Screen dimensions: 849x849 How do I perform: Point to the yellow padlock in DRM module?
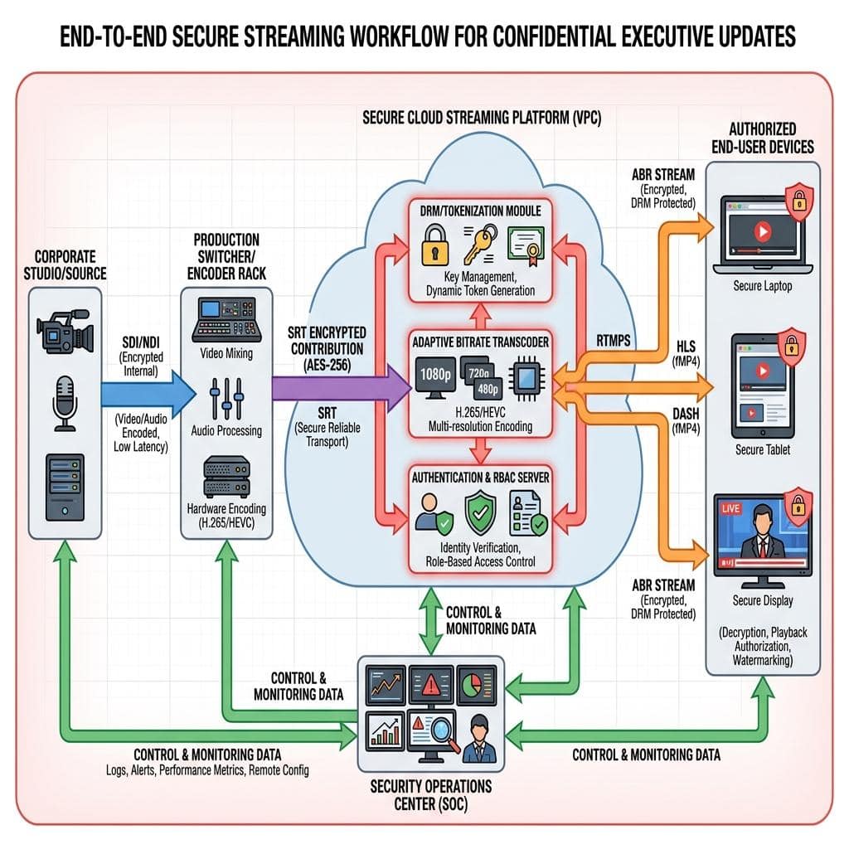[434, 250]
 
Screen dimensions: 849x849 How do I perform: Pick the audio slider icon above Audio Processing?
[226, 398]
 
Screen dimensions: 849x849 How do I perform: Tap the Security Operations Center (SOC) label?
[430, 793]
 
